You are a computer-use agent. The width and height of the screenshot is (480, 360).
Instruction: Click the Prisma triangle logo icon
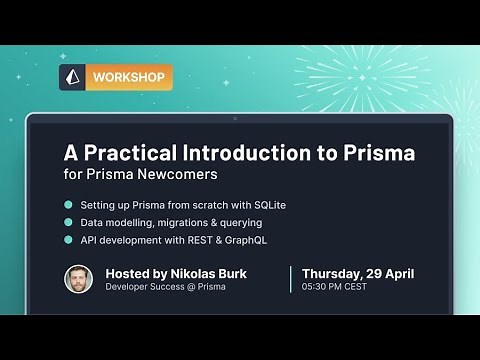(72, 78)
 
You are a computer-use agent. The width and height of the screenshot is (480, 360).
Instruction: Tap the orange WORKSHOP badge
(129, 78)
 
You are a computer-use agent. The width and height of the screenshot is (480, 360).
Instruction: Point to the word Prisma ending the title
(377, 153)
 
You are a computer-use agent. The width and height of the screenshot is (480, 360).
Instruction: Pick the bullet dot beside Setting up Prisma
(69, 205)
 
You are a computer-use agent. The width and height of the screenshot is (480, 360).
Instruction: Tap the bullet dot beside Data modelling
(69, 222)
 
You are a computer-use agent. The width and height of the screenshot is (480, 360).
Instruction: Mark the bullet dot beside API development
(69, 240)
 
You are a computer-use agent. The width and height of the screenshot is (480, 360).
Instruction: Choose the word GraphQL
(245, 240)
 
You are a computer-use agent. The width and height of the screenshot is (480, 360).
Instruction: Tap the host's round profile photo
(79, 279)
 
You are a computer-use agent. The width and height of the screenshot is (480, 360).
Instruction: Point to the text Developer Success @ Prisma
(165, 287)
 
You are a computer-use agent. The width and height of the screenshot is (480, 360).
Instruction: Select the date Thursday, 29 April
(358, 272)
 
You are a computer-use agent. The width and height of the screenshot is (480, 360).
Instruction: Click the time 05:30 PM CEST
(334, 287)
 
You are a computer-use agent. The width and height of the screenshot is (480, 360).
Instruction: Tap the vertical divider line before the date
(291, 279)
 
